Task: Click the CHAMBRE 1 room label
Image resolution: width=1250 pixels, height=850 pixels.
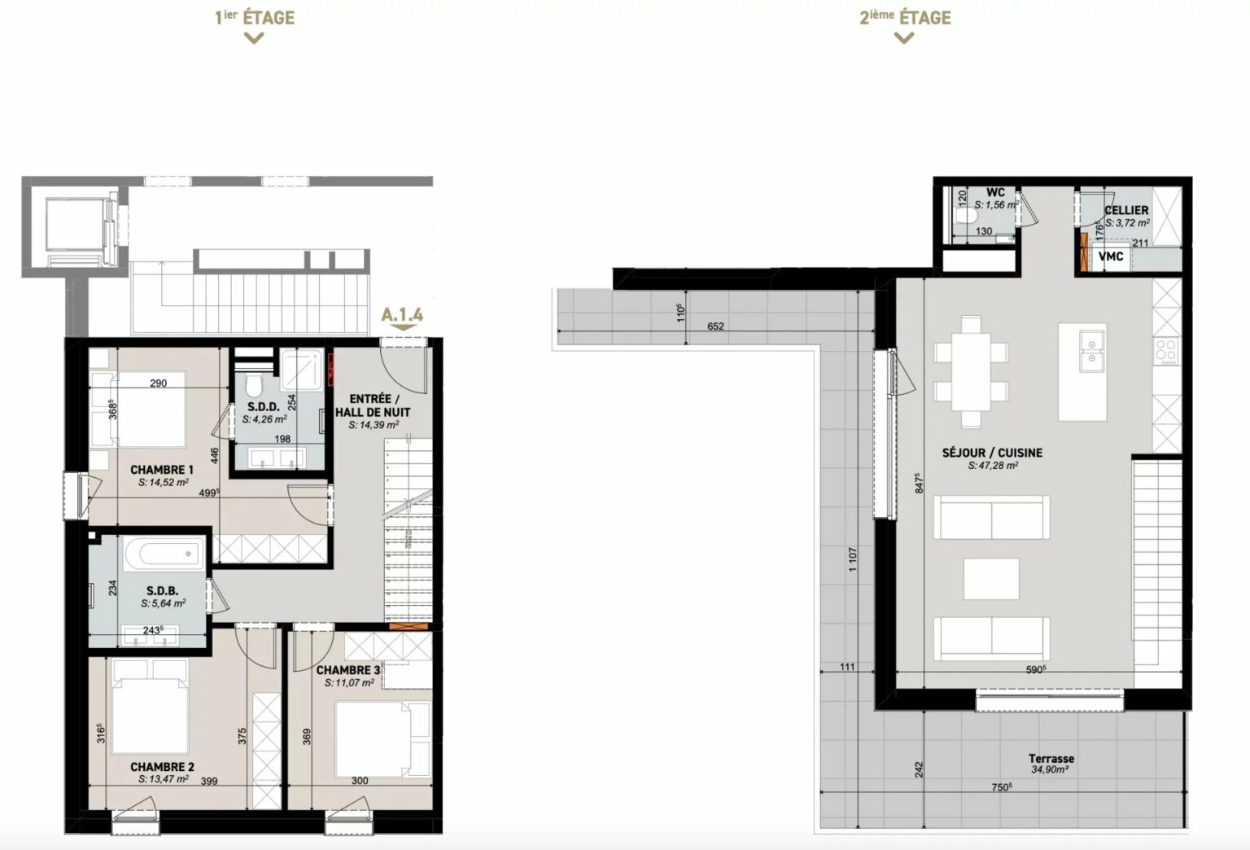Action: (x=162, y=470)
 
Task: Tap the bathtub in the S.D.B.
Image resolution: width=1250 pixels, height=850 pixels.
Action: (x=164, y=554)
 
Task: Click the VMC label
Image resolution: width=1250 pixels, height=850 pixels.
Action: (x=1111, y=256)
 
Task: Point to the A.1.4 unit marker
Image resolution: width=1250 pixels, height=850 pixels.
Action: (x=402, y=314)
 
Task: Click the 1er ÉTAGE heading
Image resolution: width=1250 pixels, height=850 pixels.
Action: (x=255, y=18)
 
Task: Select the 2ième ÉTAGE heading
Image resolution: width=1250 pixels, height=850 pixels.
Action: (x=905, y=18)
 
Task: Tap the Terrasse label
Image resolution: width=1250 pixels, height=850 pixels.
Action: (x=1051, y=759)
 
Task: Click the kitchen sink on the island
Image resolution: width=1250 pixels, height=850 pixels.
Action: (x=1091, y=351)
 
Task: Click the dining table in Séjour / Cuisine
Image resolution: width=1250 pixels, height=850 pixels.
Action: (x=971, y=371)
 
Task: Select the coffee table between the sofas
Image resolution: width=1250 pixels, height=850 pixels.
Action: (x=991, y=579)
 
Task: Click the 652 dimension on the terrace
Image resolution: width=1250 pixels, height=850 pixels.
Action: (x=715, y=326)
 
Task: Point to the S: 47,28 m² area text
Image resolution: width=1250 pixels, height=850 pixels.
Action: (x=993, y=465)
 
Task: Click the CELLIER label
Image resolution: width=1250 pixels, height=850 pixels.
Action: (x=1126, y=211)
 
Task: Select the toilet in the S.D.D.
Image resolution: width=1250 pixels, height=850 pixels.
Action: (x=254, y=385)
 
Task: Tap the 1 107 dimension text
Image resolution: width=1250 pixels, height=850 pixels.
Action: (x=852, y=559)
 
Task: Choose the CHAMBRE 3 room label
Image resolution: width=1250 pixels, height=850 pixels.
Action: (x=348, y=670)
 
